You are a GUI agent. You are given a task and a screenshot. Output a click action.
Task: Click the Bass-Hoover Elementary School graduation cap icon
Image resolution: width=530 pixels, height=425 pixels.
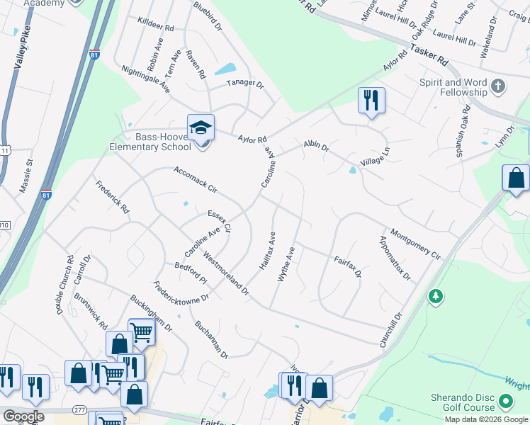coord(201,127)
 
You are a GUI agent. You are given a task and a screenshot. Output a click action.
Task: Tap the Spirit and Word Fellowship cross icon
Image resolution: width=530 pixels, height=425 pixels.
coord(500,86)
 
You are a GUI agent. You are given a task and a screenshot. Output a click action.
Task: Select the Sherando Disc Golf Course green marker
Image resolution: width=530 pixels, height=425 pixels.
coord(506,402)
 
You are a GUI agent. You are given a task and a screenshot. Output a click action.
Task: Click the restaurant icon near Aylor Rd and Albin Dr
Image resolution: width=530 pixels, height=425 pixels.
coord(371,101)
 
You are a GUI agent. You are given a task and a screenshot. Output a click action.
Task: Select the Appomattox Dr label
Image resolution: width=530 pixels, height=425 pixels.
coord(395,259)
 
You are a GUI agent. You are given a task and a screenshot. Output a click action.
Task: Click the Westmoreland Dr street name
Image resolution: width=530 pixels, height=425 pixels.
coord(226,273)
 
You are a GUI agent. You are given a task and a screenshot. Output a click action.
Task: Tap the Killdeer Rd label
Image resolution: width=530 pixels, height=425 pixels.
coord(156,26)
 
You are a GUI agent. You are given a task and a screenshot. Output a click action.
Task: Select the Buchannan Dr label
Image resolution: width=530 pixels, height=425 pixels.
coord(210,339)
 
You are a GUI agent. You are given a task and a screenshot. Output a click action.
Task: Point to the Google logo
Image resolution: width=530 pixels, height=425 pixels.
coord(23,416)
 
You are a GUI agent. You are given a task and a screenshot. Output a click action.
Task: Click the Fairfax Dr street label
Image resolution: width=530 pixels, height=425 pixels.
coord(348,267)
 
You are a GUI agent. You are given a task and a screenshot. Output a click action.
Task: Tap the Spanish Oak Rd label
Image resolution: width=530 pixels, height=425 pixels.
coord(463,132)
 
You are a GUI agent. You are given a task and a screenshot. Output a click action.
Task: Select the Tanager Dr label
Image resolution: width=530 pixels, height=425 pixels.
coord(245,84)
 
